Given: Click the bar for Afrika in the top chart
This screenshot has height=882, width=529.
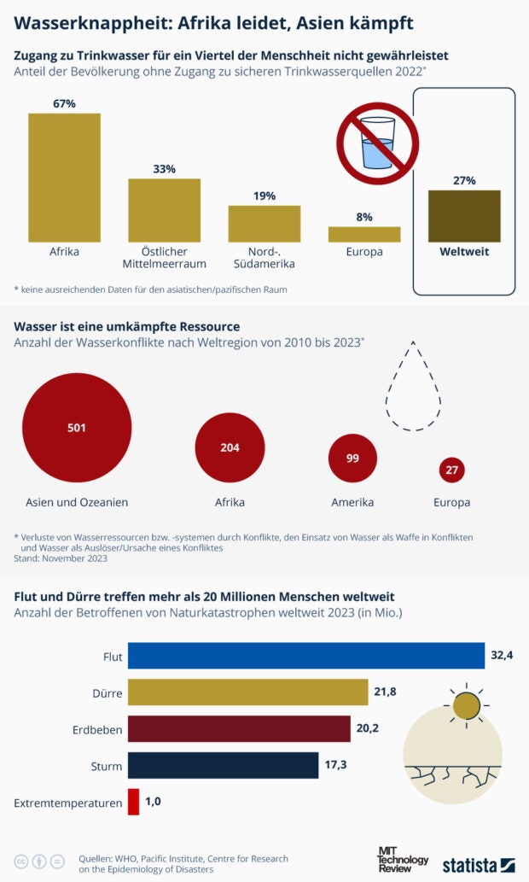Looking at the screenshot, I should (64, 178).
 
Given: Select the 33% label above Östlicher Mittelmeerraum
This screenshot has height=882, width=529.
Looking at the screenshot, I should (164, 169).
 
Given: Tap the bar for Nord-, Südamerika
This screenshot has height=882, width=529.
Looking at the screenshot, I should (264, 224).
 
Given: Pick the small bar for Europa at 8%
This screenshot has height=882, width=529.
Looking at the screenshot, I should (364, 234).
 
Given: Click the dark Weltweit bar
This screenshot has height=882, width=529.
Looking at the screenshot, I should (464, 216).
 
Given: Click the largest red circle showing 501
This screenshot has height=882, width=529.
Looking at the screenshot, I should (77, 428).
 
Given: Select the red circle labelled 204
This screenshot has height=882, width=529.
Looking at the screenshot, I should (230, 447).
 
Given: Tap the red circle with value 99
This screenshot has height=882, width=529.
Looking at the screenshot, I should (352, 459).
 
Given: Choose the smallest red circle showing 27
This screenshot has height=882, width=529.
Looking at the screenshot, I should (451, 470).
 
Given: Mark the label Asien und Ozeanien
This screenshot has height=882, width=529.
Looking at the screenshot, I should (77, 502).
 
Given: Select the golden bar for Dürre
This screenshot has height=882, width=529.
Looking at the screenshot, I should (247, 692).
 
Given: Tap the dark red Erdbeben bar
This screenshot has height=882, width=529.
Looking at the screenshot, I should (239, 729).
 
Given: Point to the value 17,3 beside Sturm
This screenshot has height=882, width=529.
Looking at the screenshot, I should (336, 765).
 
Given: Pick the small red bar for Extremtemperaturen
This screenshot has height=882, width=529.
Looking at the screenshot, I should (133, 802).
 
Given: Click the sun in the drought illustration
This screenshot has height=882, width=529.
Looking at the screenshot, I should (466, 706).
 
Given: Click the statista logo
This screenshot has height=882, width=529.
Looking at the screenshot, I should (478, 864).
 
